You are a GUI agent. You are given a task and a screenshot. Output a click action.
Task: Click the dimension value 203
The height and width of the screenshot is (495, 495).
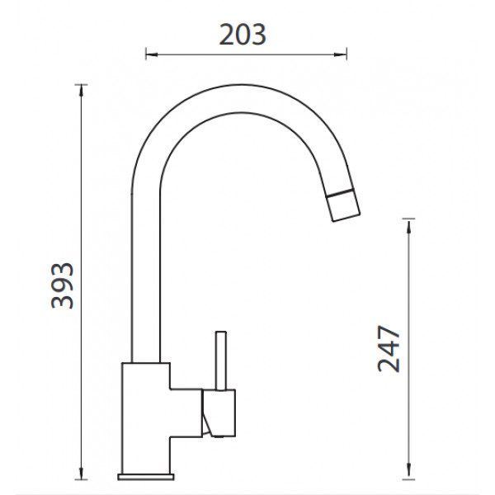[243, 35]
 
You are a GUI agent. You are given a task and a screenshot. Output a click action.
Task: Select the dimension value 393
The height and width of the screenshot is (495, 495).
[62, 285]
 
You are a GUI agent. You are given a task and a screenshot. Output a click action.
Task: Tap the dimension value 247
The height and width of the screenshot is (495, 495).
[389, 348]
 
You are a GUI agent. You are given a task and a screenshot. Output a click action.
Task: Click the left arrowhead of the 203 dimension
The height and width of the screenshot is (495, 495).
[152, 54]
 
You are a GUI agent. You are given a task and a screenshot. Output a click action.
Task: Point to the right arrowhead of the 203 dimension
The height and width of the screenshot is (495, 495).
[340, 54]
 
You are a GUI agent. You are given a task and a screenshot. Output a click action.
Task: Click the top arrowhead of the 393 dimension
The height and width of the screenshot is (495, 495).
[82, 91]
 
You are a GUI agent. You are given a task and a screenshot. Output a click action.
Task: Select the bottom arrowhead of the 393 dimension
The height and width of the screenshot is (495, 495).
[82, 474]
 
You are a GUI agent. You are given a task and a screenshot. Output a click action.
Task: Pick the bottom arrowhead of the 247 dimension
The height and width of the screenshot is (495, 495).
[409, 469]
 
